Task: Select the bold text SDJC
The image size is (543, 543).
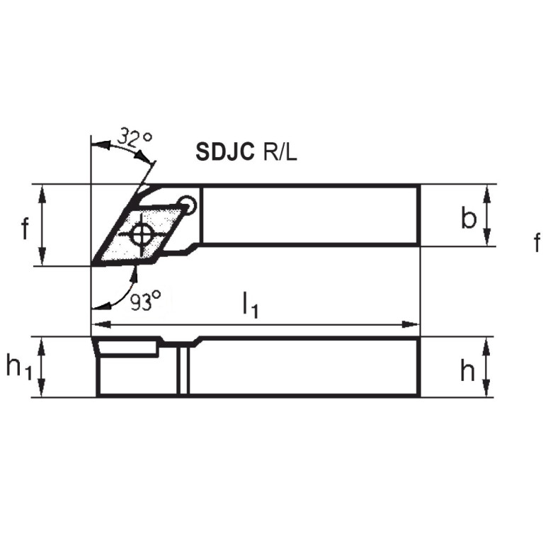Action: [x=224, y=152]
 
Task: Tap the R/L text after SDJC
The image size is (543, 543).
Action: [x=278, y=152]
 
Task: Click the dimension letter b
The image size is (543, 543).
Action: [x=468, y=218]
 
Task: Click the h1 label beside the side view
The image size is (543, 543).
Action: [x=20, y=367]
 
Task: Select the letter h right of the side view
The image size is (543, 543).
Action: [x=467, y=370]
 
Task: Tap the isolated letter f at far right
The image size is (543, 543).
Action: [x=537, y=244]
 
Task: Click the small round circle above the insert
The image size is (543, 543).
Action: [x=187, y=202]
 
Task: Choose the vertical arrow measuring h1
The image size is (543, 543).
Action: [x=43, y=367]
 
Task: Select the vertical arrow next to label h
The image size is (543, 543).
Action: [x=488, y=367]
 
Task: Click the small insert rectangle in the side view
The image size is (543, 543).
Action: [x=127, y=347]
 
